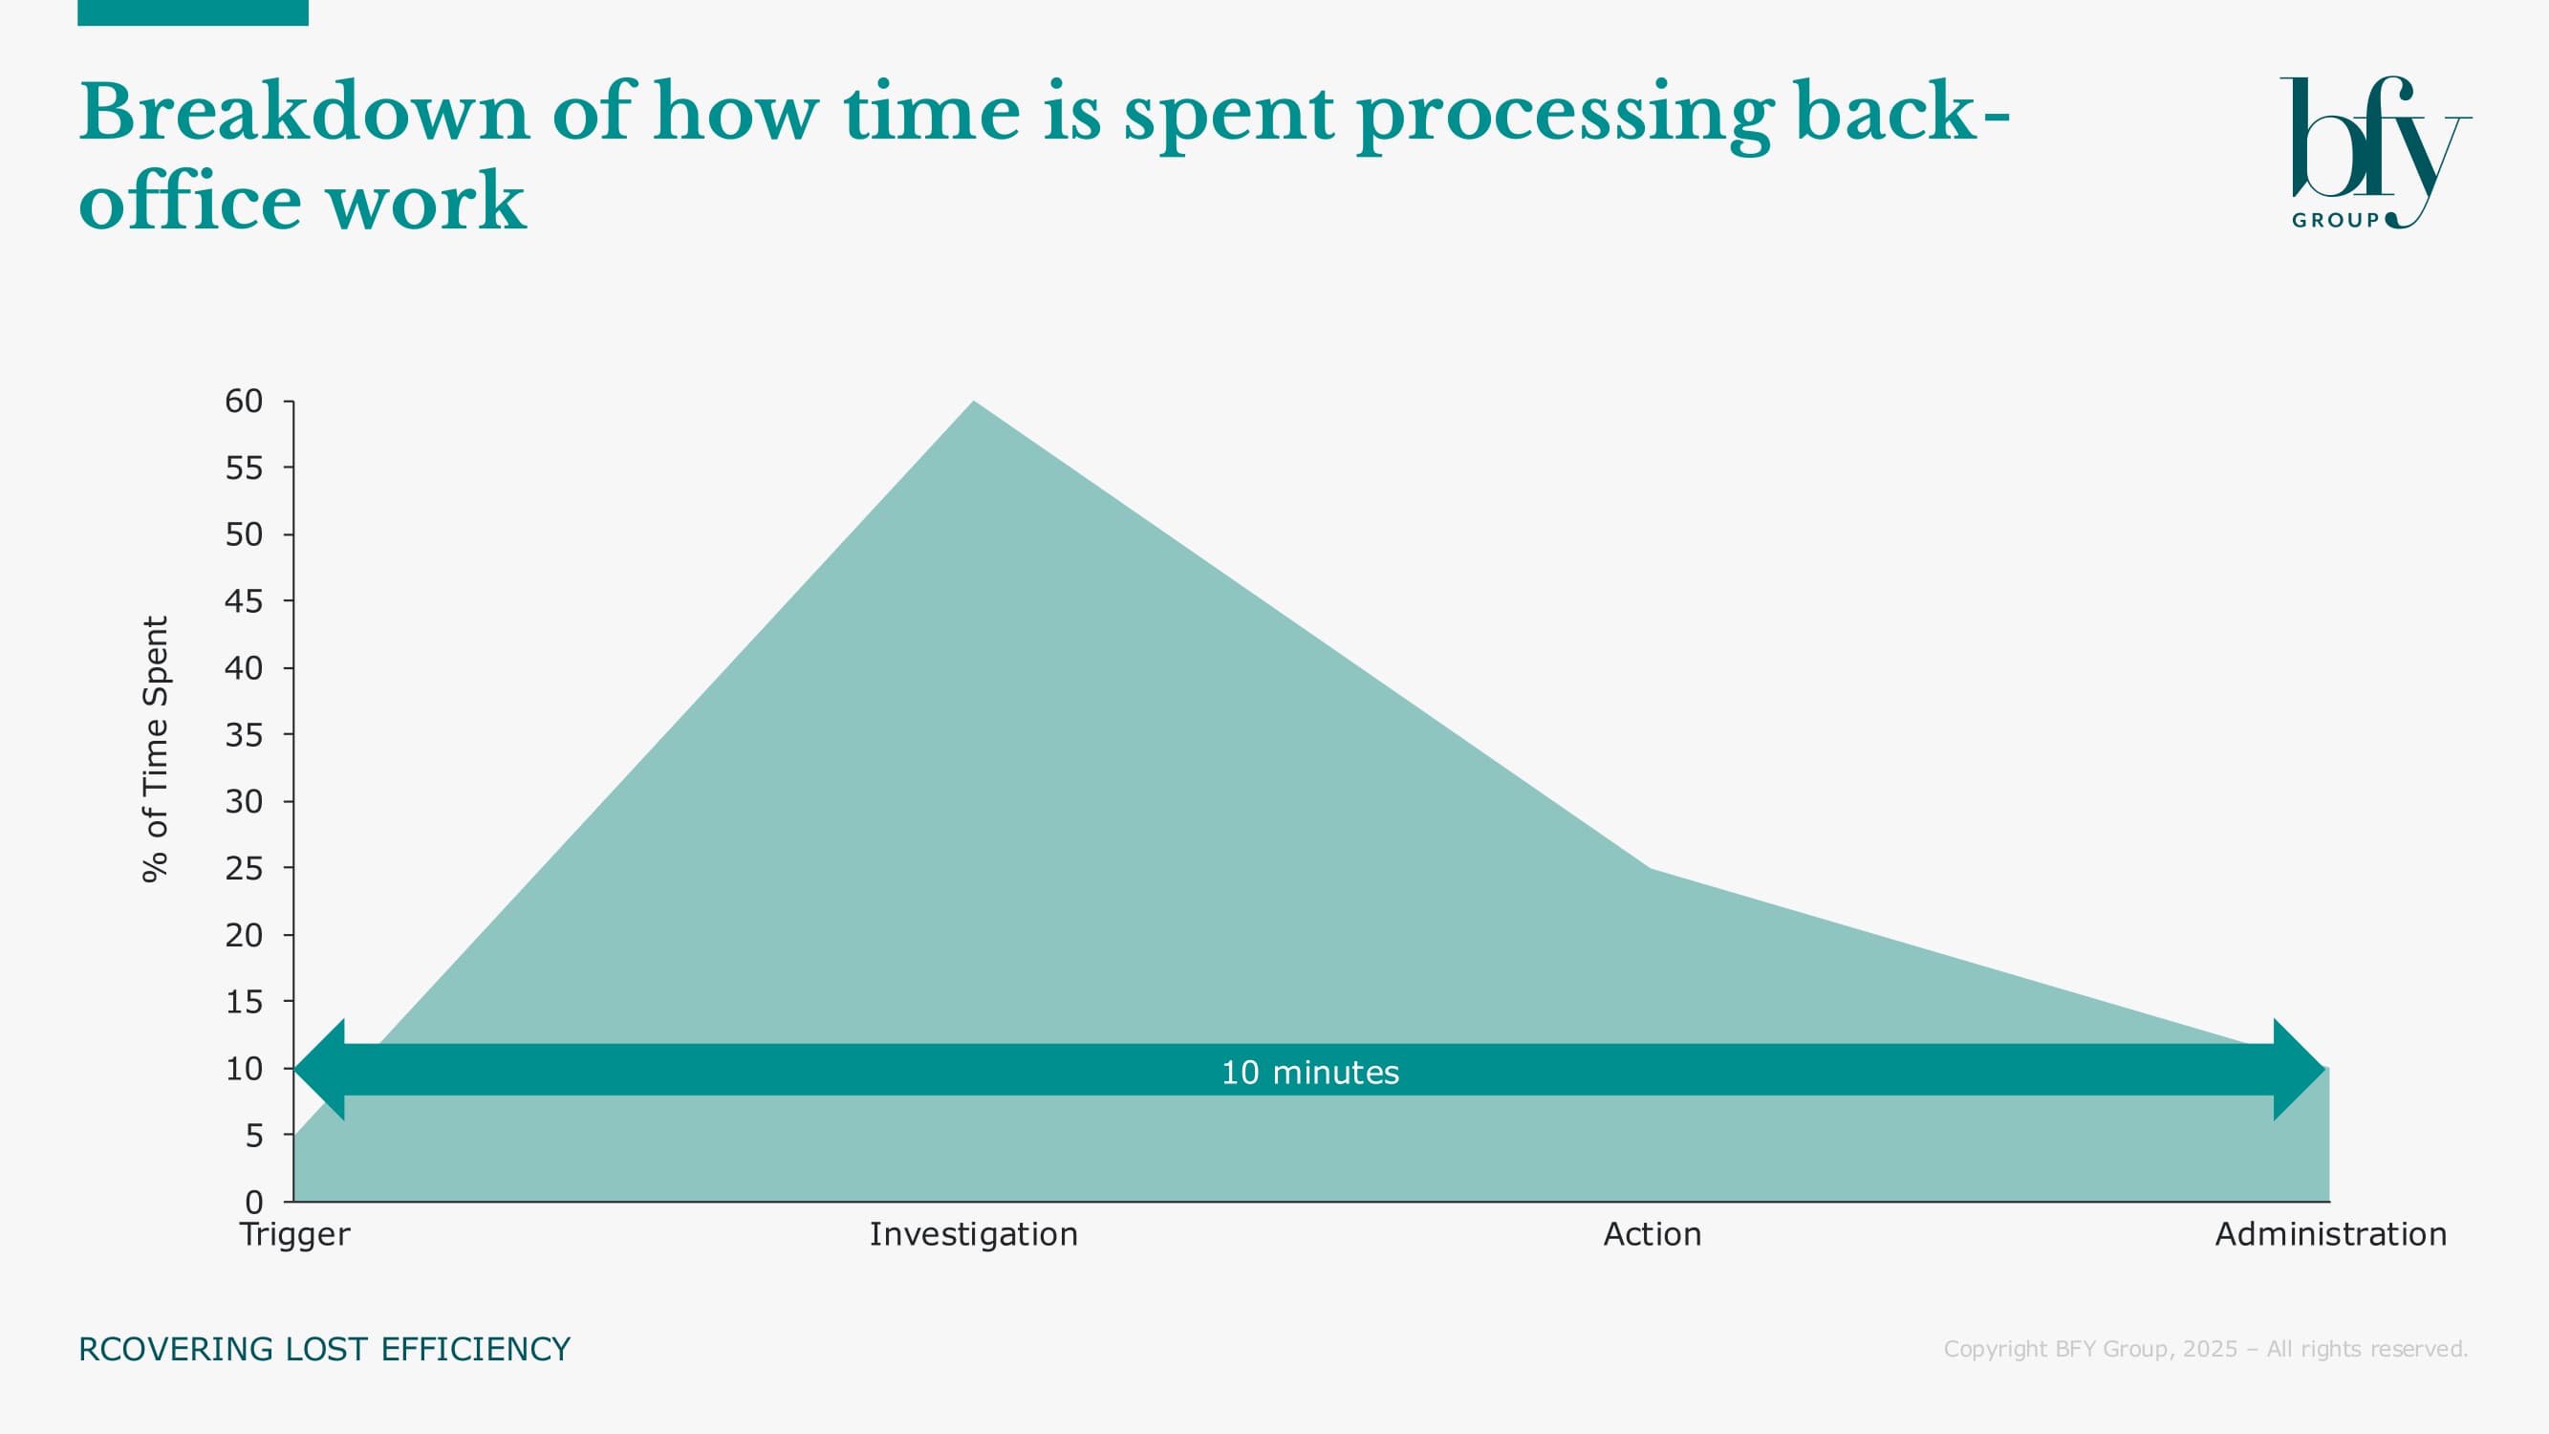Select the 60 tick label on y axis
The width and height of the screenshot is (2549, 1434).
244,401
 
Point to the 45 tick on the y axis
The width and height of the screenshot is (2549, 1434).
244,600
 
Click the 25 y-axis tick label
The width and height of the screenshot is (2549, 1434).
244,868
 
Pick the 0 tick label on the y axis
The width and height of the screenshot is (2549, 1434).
254,1202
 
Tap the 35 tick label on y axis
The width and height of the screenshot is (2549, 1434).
244,734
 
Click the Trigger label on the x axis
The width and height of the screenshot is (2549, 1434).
295,1234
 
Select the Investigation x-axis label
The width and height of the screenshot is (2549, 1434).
974,1234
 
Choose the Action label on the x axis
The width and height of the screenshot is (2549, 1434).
1653,1234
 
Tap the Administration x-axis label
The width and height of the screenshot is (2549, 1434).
2330,1234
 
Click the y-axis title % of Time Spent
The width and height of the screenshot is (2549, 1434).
157,749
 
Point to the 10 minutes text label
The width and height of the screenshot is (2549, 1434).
1310,1072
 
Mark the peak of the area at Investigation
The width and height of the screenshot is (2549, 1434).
974,402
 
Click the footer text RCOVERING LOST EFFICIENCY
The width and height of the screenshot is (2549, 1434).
325,1349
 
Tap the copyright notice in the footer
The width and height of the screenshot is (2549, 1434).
2206,1349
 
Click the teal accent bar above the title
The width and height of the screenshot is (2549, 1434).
193,11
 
